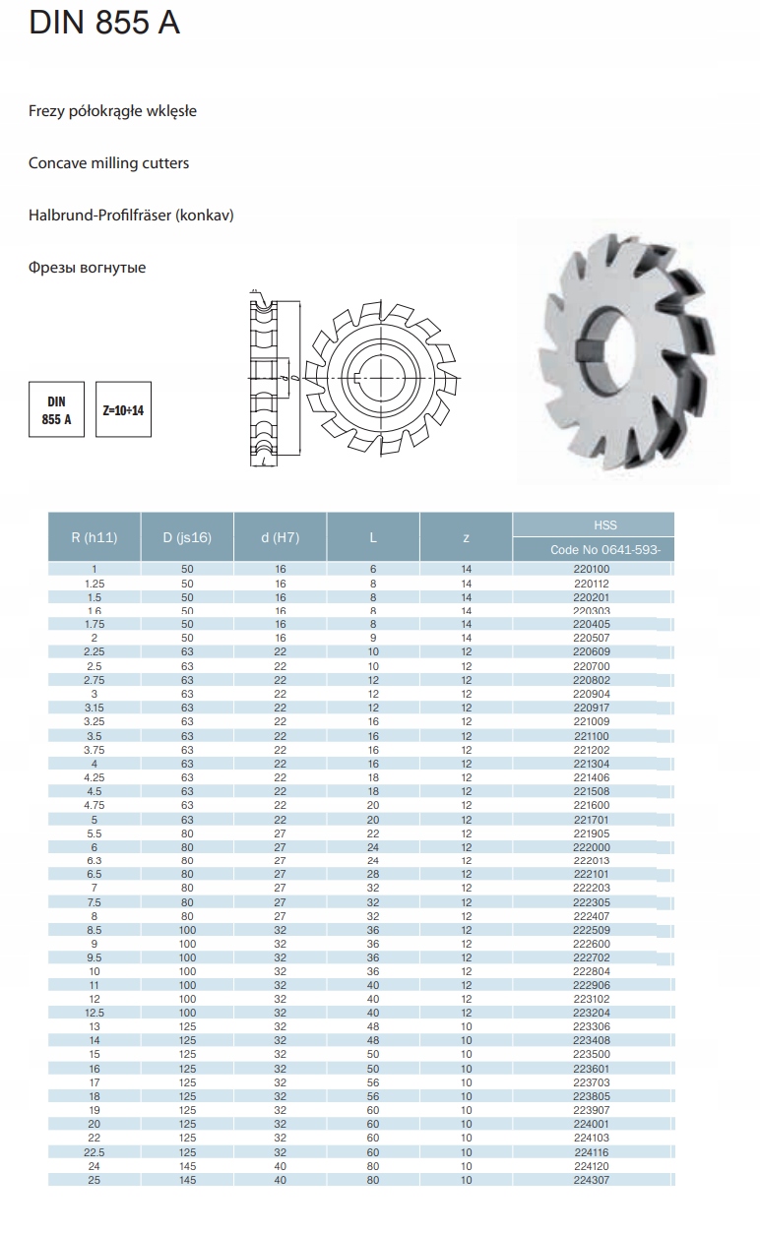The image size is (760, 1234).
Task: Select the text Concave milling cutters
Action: [109, 162]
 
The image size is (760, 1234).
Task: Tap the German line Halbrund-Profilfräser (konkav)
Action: [131, 215]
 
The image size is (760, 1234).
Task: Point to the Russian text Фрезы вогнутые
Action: [88, 267]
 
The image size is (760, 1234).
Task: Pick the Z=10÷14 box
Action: [123, 409]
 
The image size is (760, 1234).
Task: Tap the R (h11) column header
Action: [95, 537]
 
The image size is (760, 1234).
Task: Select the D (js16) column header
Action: [187, 537]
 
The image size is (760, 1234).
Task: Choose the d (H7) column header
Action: [281, 537]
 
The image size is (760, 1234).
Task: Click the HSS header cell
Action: [593, 525]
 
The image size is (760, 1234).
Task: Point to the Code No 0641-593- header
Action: [593, 550]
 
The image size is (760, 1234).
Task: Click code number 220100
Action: [592, 569]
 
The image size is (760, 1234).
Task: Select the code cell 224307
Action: [592, 1180]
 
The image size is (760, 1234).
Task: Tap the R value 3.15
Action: [95, 708]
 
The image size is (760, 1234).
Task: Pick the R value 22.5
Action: [95, 1152]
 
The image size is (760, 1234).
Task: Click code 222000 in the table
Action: [592, 847]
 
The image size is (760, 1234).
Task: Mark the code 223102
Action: [592, 999]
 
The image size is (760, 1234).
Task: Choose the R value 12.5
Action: [95, 1013]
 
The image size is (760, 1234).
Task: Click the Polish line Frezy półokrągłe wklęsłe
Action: [113, 111]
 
